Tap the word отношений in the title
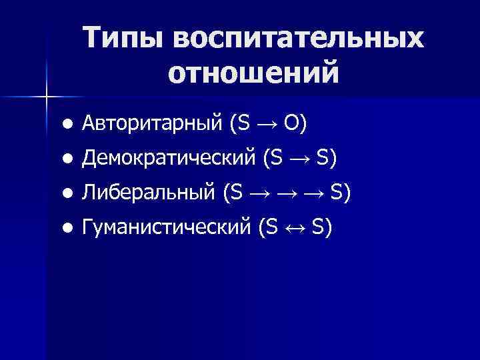(x=253, y=72)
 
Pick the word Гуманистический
(x=165, y=229)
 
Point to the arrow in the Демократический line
(x=299, y=159)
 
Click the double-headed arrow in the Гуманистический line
(x=295, y=229)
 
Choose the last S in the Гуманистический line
(x=317, y=229)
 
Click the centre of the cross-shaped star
(x=46, y=97)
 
